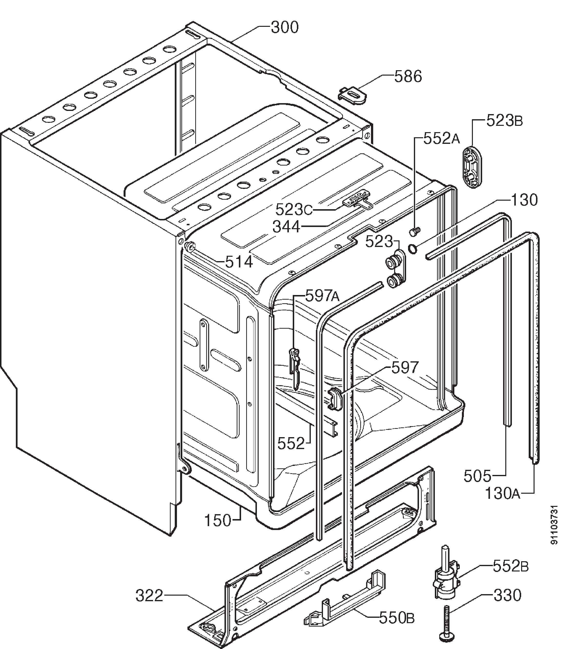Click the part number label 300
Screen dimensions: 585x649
(285, 28)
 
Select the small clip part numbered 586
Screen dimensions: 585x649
(352, 96)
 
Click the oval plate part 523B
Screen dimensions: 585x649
(472, 167)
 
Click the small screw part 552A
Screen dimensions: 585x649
(415, 231)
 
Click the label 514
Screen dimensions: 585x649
(239, 262)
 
